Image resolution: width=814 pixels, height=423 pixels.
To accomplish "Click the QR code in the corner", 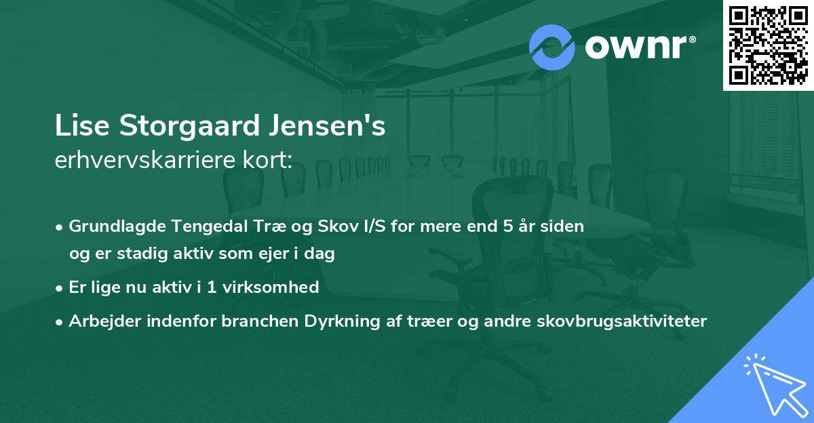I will point(768,45).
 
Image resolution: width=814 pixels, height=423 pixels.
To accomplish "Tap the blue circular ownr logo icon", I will point(551,47).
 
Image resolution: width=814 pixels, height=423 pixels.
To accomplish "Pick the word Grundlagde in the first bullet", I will point(109,226).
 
